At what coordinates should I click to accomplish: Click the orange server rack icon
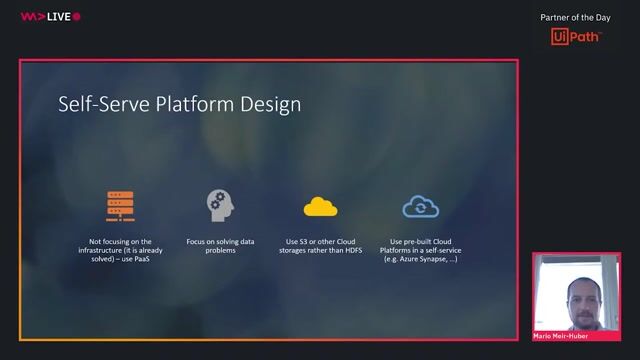[x=120, y=205]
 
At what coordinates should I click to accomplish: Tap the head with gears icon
[x=219, y=204]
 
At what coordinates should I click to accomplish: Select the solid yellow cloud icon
[x=320, y=206]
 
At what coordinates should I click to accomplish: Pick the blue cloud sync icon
[x=419, y=206]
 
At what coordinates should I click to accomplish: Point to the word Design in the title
[x=269, y=104]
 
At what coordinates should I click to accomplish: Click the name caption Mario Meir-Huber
[x=569, y=338]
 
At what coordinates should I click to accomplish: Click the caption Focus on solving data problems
[x=219, y=246]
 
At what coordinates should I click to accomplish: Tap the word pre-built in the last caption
[x=419, y=241]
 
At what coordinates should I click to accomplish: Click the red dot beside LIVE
[x=77, y=17]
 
